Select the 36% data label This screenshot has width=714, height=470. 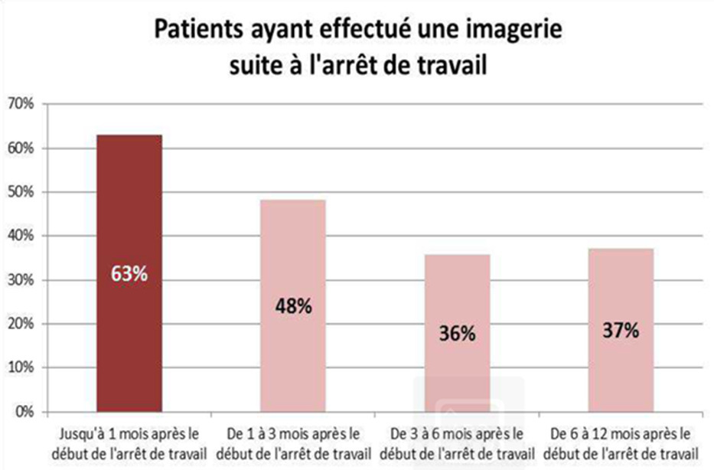pos(457,335)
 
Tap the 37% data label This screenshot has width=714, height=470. pos(621,331)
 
